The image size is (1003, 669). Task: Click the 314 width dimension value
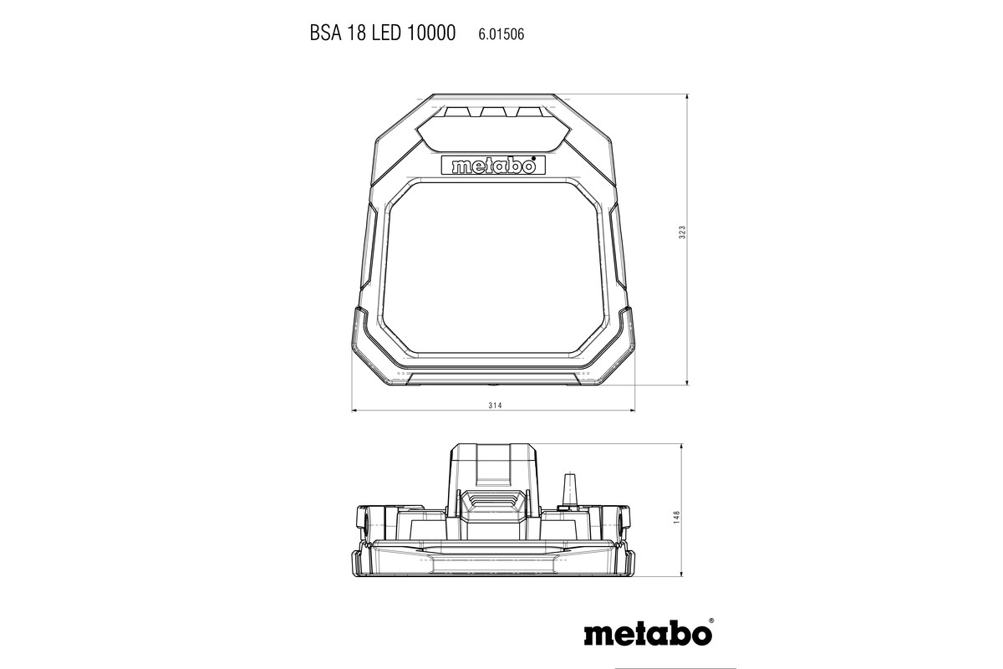point(493,405)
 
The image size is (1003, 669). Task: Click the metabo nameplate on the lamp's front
point(492,165)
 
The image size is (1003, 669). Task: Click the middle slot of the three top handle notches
point(492,112)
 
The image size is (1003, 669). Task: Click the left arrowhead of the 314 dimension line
point(354,411)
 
